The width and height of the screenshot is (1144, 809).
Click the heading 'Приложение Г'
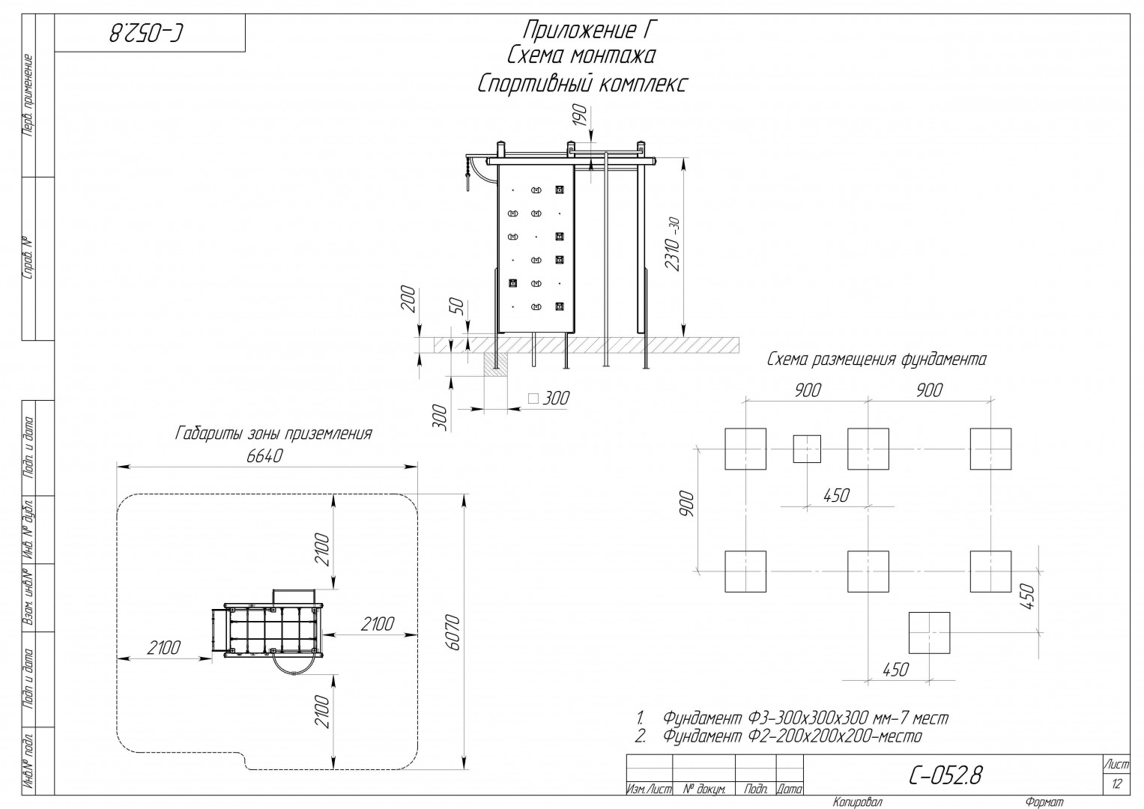pos(587,30)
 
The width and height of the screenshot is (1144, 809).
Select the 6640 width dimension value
pos(264,455)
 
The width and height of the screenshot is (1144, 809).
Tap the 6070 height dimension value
pos(453,632)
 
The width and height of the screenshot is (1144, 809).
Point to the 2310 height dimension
pos(674,243)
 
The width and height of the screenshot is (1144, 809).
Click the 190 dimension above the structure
pos(580,116)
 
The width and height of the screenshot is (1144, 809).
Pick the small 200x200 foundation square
pos(807,449)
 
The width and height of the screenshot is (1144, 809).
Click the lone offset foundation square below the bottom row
pos(930,633)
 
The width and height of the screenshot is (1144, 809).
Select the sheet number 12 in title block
pos(1117,784)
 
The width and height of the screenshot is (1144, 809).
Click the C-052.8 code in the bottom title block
pos(945,775)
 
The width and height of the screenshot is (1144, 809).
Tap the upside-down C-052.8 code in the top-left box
pos(146,33)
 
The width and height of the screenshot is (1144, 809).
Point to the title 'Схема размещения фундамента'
pos(877,360)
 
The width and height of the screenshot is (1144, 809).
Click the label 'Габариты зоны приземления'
pos(273,434)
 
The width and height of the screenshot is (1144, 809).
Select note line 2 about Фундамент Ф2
pos(779,736)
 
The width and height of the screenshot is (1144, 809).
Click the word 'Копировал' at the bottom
pos(857,802)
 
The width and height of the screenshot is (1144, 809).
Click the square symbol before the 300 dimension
pos(533,399)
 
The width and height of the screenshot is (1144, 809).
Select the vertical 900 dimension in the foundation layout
pos(688,503)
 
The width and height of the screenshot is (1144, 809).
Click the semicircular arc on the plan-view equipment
pos(294,664)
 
